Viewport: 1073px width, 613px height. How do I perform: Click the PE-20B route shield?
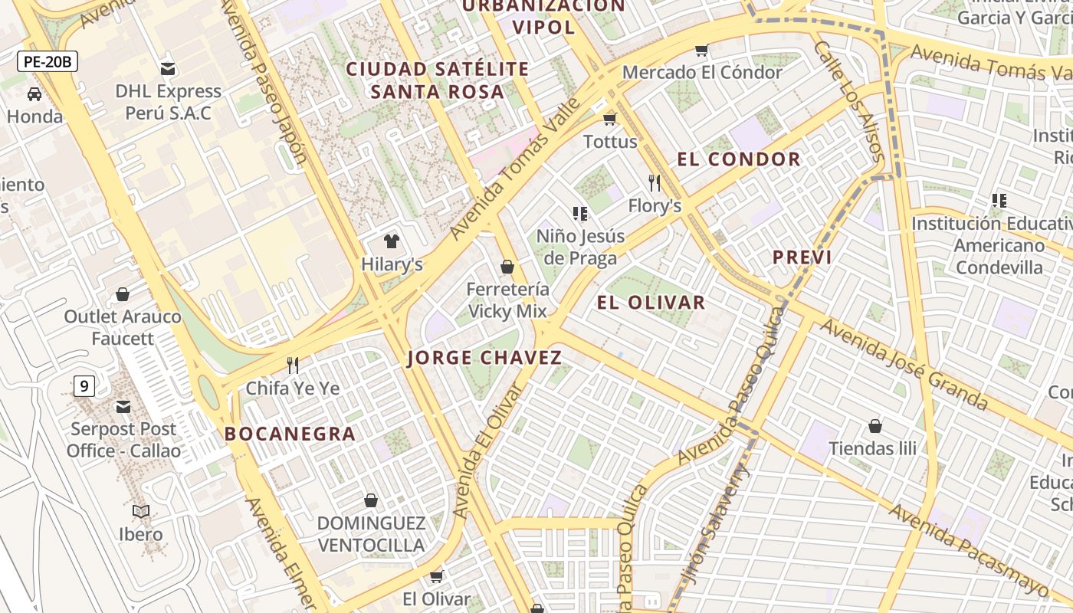[x=48, y=61]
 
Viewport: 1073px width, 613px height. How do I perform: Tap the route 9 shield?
[x=84, y=386]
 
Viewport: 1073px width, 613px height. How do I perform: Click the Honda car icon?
[x=34, y=94]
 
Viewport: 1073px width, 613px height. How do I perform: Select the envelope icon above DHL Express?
[x=168, y=69]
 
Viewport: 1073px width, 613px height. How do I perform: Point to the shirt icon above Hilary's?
[x=392, y=242]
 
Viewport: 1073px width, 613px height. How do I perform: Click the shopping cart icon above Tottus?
[x=610, y=119]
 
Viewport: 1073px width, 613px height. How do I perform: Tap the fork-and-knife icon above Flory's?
[x=655, y=183]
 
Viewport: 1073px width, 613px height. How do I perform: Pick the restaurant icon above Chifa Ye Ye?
[x=292, y=366]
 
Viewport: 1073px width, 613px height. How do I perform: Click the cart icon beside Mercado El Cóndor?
[x=701, y=51]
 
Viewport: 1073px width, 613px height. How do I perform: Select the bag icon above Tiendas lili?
[x=874, y=426]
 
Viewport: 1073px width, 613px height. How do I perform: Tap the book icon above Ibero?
[x=141, y=511]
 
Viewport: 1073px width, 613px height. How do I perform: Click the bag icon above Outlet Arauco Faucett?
[x=123, y=294]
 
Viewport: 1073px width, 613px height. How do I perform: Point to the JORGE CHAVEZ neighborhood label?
[x=484, y=358]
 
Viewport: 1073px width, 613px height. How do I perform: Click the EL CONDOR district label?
[x=739, y=159]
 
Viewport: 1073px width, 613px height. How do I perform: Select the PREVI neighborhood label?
[x=802, y=257]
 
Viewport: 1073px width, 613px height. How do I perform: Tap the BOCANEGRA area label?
[x=290, y=434]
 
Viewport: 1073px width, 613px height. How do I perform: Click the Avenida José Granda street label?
[x=904, y=364]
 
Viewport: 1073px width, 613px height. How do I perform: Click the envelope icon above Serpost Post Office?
[x=123, y=407]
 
